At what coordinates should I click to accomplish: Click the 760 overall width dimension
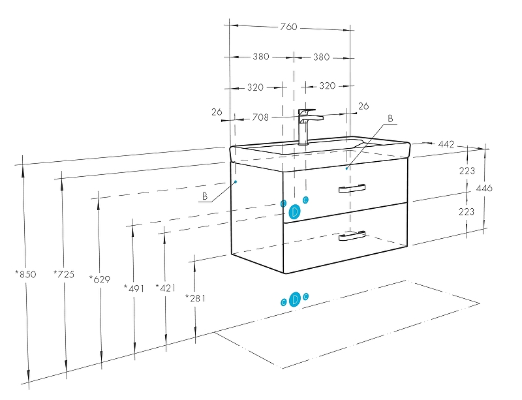(x=288, y=27)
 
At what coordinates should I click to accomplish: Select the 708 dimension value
(x=260, y=117)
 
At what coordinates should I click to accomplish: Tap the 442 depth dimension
(x=446, y=144)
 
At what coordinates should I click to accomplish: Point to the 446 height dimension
(x=484, y=188)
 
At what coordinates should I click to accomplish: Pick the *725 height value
(x=63, y=274)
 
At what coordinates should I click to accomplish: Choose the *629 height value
(x=99, y=279)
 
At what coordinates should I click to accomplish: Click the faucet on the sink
(x=307, y=124)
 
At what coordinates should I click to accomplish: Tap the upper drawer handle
(x=352, y=189)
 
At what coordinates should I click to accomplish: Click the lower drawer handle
(x=351, y=236)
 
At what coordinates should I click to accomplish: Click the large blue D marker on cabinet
(x=295, y=211)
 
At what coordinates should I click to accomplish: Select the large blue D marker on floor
(x=295, y=299)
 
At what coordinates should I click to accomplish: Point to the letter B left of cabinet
(x=204, y=196)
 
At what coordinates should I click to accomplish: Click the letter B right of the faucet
(x=390, y=119)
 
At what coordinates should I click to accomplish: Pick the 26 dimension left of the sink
(x=217, y=112)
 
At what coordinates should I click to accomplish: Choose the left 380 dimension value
(x=261, y=57)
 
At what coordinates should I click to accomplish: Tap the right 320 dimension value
(x=327, y=86)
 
